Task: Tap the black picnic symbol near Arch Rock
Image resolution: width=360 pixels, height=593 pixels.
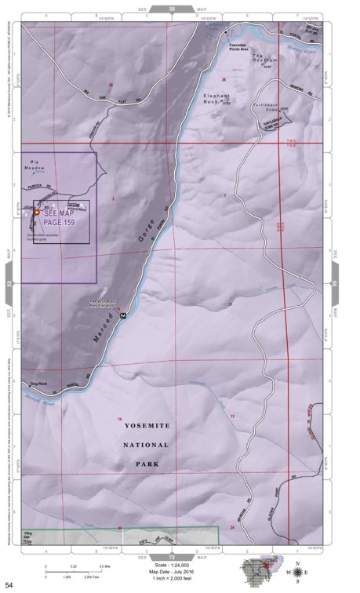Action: point(123,313)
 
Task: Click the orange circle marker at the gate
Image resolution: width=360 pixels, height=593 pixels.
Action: point(37,213)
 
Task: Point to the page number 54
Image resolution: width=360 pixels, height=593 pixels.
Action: point(9,584)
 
